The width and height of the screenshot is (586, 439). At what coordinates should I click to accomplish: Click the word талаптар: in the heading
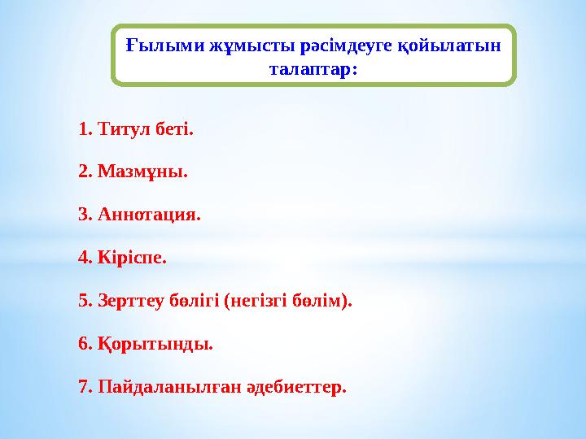313,69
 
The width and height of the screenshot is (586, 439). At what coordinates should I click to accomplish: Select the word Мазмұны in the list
140,172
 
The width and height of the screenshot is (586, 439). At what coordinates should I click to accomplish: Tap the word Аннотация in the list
146,215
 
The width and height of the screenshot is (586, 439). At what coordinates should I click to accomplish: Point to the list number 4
84,259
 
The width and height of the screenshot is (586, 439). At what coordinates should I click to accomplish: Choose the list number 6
84,344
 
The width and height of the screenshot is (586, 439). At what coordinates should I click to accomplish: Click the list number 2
84,172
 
